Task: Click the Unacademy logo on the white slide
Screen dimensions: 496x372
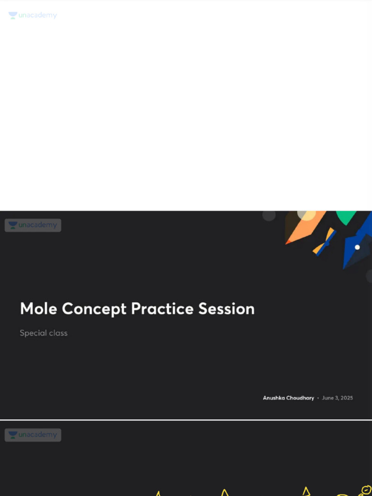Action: [32, 15]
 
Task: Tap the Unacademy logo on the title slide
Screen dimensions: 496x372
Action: [33, 225]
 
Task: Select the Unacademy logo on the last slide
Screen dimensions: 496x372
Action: [33, 435]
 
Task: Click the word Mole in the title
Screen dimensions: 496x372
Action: [39, 309]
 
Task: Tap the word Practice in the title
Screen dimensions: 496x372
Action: [162, 309]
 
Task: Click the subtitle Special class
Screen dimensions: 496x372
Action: [44, 333]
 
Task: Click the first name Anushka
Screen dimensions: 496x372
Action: [274, 398]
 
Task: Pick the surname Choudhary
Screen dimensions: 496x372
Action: [300, 398]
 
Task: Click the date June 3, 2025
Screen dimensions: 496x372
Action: [338, 398]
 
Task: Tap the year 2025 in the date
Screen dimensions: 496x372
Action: [347, 398]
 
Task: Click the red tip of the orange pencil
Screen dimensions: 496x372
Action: [288, 241]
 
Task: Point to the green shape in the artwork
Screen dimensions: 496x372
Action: [346, 217]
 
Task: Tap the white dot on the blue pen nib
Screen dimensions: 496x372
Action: [357, 247]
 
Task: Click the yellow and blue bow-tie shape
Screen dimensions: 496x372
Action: [325, 241]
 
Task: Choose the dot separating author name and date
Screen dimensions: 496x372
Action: [318, 398]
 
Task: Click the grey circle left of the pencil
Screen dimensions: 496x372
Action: [269, 215]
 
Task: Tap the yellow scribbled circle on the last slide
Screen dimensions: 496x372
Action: [365, 490]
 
